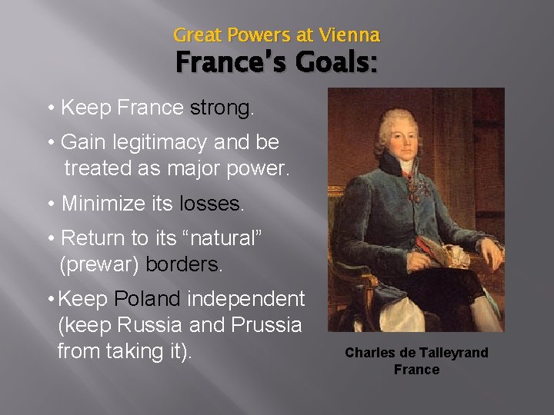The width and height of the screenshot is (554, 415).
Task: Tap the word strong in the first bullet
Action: coord(221,108)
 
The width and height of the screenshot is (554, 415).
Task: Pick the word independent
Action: coord(247,299)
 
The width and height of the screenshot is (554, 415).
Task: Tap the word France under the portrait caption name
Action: coord(416,370)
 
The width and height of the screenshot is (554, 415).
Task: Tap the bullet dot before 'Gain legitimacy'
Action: coord(50,143)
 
